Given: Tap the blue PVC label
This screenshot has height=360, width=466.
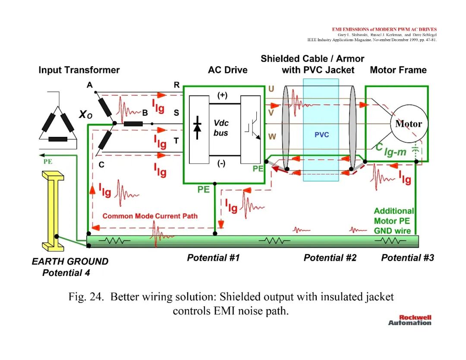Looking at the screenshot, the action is [321, 135].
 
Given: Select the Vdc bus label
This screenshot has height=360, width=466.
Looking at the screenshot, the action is [221, 128].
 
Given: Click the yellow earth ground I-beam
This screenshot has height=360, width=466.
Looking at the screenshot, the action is [53, 211].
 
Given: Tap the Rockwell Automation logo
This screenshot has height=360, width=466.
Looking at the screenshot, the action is [410, 320].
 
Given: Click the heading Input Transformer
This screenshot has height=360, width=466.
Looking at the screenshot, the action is [79, 70].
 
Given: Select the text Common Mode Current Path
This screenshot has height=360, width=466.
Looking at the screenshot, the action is [150, 216].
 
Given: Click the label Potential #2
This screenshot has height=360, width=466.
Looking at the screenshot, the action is [330, 257].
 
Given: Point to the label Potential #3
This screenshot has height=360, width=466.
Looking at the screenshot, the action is [407, 257].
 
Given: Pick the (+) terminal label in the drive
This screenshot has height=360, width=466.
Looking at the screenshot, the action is [222, 95].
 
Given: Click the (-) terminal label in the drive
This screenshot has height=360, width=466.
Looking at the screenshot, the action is [221, 163].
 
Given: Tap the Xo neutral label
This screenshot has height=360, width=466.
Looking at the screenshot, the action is [85, 114].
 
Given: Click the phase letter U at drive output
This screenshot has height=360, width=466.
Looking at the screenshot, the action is [271, 88].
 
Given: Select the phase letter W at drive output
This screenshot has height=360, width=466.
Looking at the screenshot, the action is [272, 136].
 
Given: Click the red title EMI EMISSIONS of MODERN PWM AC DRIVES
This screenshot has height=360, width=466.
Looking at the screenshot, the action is [384, 29].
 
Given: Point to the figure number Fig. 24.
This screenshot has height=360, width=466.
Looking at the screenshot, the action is [86, 297].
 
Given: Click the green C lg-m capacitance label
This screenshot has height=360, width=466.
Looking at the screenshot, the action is [390, 150].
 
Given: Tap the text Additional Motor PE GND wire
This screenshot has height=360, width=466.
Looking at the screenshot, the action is [394, 221].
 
